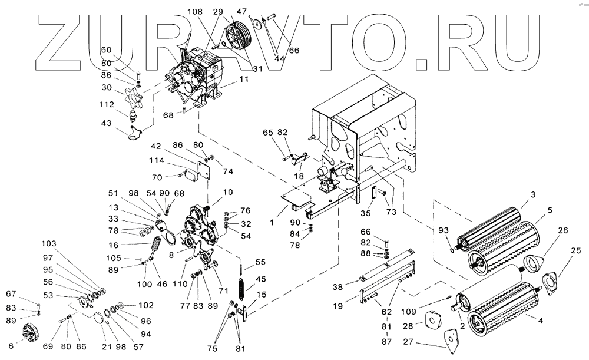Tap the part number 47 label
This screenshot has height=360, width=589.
click(241, 11)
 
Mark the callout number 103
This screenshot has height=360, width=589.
click(50, 243)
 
